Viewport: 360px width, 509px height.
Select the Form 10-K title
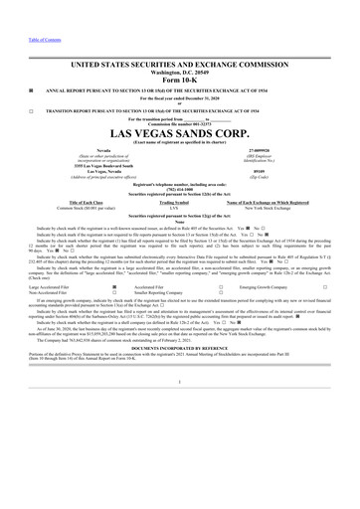click(x=180, y=82)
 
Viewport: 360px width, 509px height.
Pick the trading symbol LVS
click(x=180, y=207)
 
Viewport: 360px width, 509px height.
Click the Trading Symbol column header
click(x=180, y=201)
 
